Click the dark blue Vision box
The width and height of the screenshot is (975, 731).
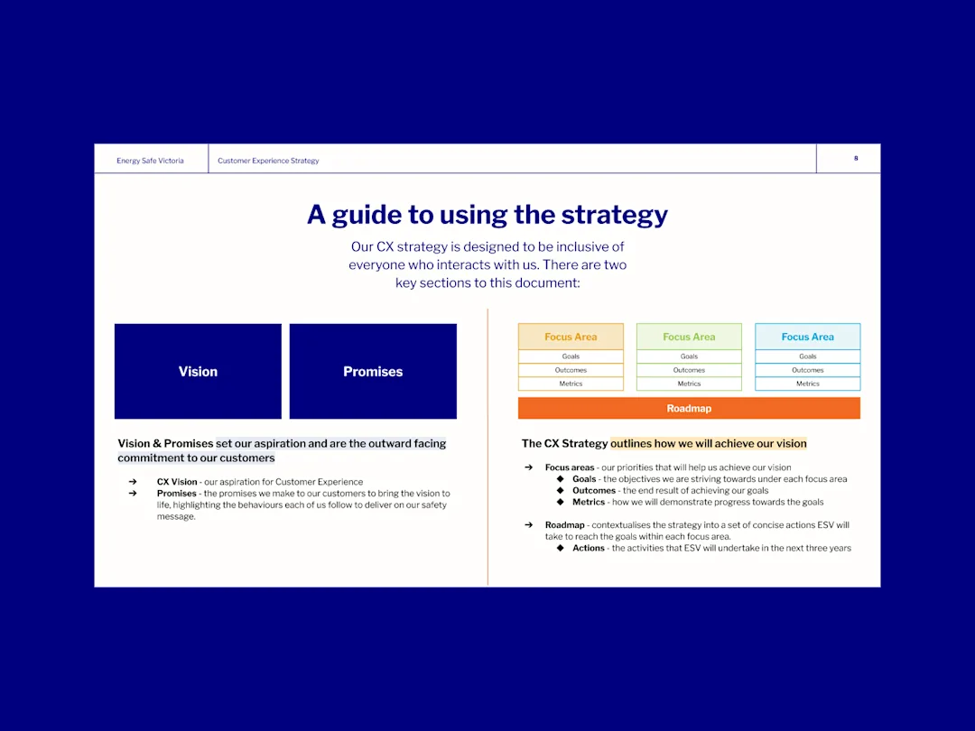coord(198,371)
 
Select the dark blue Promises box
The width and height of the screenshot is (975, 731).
coord(373,371)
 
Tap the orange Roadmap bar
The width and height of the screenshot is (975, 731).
coord(689,409)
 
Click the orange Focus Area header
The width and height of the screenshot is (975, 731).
coord(571,337)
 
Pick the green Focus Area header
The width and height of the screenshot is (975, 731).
coord(689,337)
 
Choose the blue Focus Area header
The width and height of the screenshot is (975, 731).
coord(808,337)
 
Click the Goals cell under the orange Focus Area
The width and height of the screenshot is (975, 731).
coord(571,356)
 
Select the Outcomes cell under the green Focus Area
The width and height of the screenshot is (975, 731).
coord(689,371)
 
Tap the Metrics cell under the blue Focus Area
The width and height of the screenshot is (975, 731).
coord(808,384)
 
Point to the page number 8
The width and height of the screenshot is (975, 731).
coord(856,159)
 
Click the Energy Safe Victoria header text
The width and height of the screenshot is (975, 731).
coord(150,161)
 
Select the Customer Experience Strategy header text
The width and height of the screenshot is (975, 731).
coord(268,161)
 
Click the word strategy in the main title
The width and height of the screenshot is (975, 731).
coord(615,215)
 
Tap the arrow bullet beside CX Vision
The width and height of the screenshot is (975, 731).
coord(133,482)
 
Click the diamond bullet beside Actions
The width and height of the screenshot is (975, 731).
coord(561,548)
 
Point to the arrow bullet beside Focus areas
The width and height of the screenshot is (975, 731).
coord(528,467)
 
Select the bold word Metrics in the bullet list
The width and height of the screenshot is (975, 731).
coord(589,503)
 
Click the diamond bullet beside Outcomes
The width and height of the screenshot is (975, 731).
coord(561,490)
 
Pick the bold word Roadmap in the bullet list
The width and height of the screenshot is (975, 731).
coord(564,525)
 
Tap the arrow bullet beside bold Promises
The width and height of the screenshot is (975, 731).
coord(133,494)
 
